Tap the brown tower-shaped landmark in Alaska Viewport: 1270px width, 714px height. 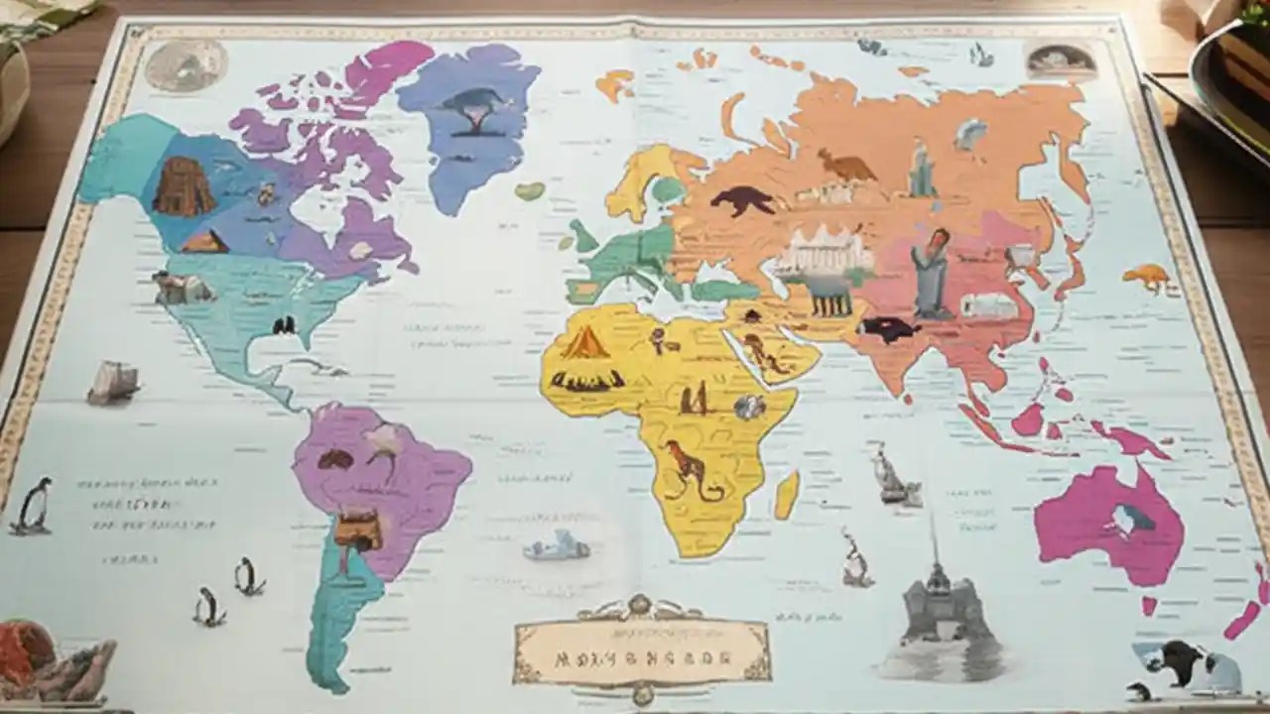click(x=184, y=186)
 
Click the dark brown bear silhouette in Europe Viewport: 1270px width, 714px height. click(x=743, y=199)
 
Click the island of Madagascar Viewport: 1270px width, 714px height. click(x=787, y=495)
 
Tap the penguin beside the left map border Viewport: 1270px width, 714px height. click(x=34, y=505)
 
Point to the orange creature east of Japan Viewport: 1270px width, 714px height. click(x=1149, y=277)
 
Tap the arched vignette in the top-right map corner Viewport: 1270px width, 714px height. click(x=1062, y=61)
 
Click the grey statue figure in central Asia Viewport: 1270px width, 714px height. click(x=931, y=272)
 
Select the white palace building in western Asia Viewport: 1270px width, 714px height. click(x=823, y=252)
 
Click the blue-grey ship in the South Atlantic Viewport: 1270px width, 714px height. click(x=557, y=545)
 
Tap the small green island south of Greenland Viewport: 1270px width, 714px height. click(x=529, y=190)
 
